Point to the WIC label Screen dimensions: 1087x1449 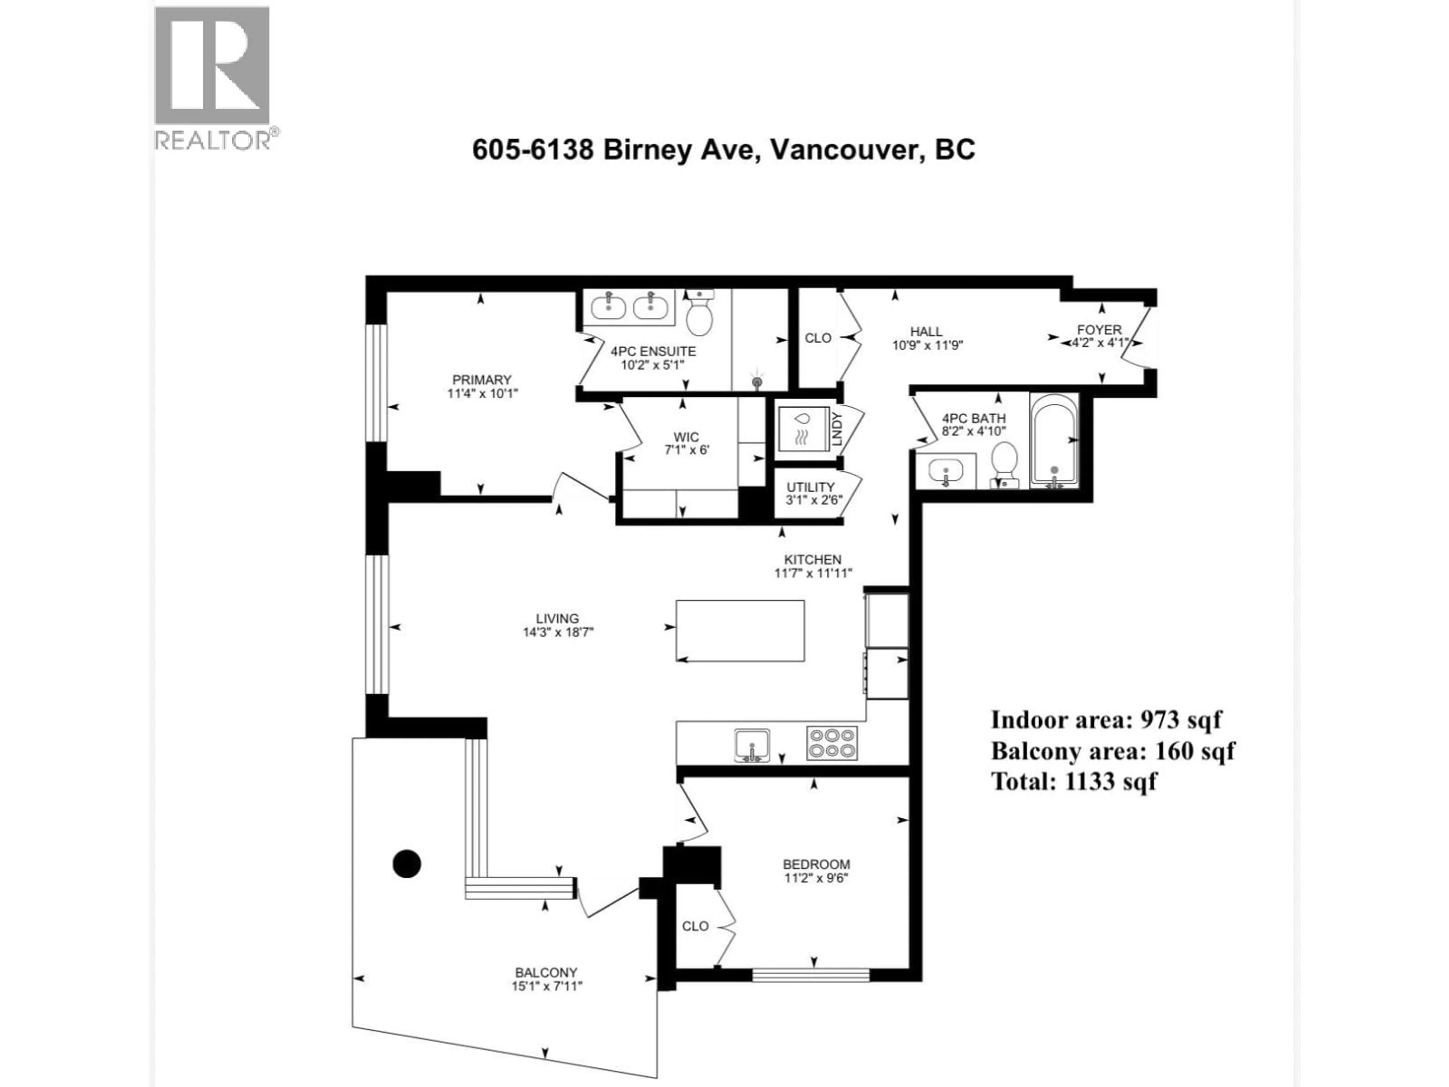pyautogui.click(x=686, y=437)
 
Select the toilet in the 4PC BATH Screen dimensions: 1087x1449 pyautogui.click(x=1004, y=462)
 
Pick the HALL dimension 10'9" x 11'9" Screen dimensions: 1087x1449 pyautogui.click(x=927, y=345)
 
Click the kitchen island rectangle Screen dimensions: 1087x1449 pyautogui.click(x=740, y=630)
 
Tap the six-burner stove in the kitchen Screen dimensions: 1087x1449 pyautogui.click(x=831, y=743)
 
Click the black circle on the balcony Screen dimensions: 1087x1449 pyautogui.click(x=406, y=864)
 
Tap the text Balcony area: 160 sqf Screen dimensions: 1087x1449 pyautogui.click(x=1112, y=751)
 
